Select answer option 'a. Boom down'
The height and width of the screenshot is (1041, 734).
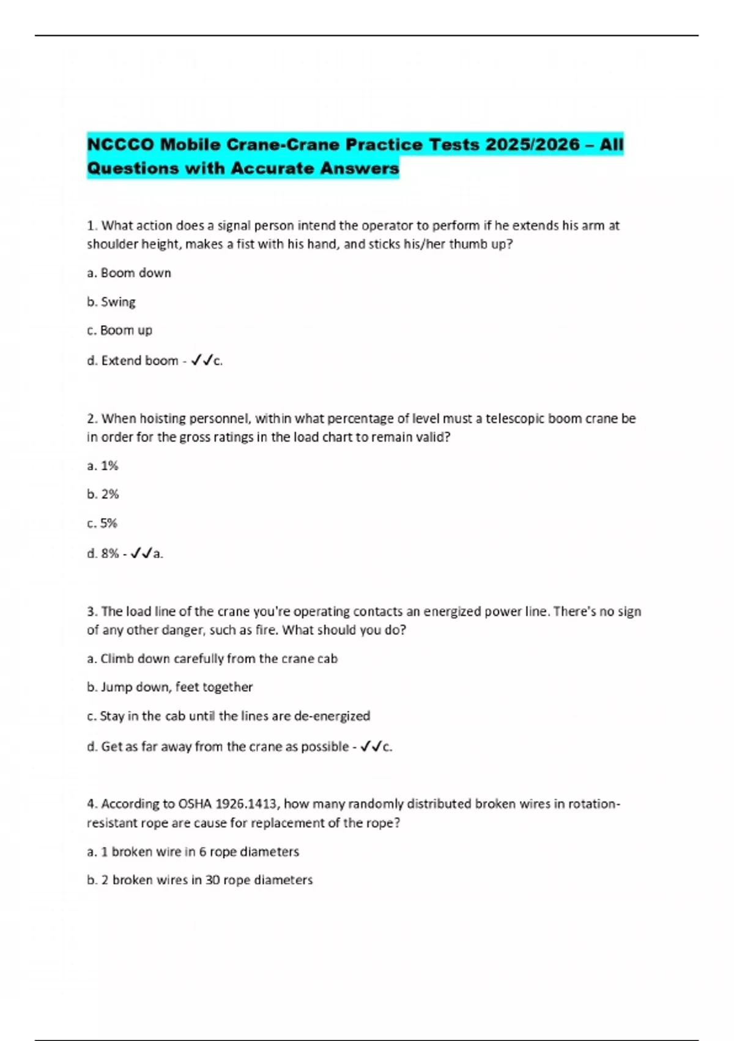click(129, 273)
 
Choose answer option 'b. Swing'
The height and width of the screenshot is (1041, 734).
click(111, 302)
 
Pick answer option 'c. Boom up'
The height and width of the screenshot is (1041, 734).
click(120, 331)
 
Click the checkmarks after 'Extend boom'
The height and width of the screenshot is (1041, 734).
click(202, 361)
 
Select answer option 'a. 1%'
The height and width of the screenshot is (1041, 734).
click(103, 466)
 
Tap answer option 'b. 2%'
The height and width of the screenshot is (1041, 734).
click(103, 494)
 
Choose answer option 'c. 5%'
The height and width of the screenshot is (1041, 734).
click(102, 524)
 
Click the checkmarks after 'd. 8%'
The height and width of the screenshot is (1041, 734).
click(141, 554)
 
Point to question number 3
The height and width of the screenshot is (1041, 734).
click(92, 611)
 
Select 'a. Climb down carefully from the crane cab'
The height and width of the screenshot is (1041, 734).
click(212, 659)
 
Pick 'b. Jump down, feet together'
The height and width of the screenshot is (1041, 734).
click(169, 687)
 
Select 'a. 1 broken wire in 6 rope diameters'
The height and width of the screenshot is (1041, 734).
click(193, 852)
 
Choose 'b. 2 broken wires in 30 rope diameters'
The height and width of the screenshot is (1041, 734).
click(199, 880)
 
